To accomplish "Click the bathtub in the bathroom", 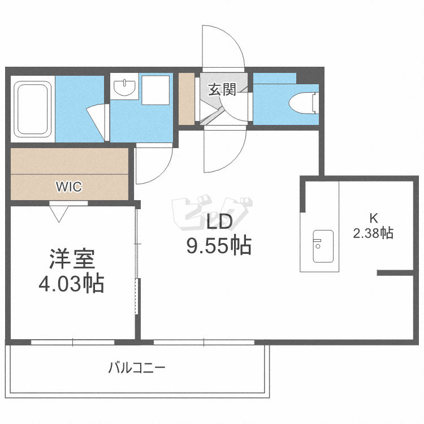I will click(33, 108).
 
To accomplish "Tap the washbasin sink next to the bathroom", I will click(124, 88).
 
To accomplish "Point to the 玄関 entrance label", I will click(222, 90).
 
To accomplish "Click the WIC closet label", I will click(68, 185).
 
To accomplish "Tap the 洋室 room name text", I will click(71, 259).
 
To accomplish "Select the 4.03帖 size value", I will click(71, 283).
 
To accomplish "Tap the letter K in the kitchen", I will click(373, 218).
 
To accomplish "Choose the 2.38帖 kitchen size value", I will click(373, 233).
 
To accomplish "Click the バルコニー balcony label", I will click(137, 369).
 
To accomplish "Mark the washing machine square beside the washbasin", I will click(155, 90).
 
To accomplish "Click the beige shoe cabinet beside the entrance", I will click(186, 98).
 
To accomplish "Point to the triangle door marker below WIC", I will click(59, 213).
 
